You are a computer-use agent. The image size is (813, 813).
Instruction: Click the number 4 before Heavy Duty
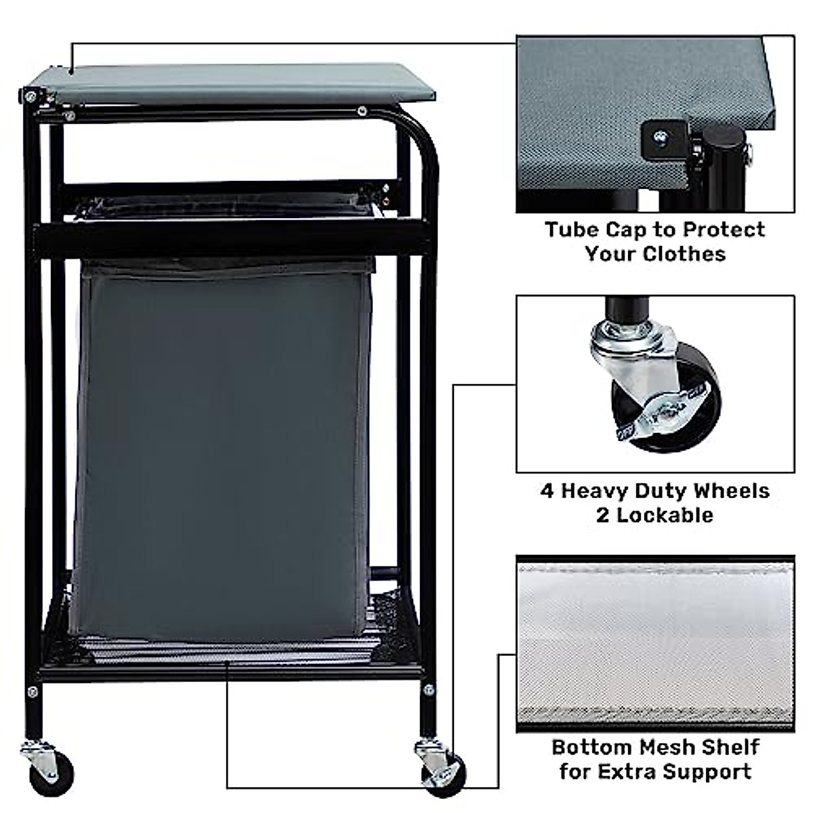547,491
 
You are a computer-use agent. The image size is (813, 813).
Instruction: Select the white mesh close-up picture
655,644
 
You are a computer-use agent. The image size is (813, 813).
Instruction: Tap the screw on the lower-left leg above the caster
32,692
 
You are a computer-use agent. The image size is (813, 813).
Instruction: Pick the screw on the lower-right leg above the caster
428,690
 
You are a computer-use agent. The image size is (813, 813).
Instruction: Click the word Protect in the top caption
724,230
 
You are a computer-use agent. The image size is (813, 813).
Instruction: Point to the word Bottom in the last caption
591,747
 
